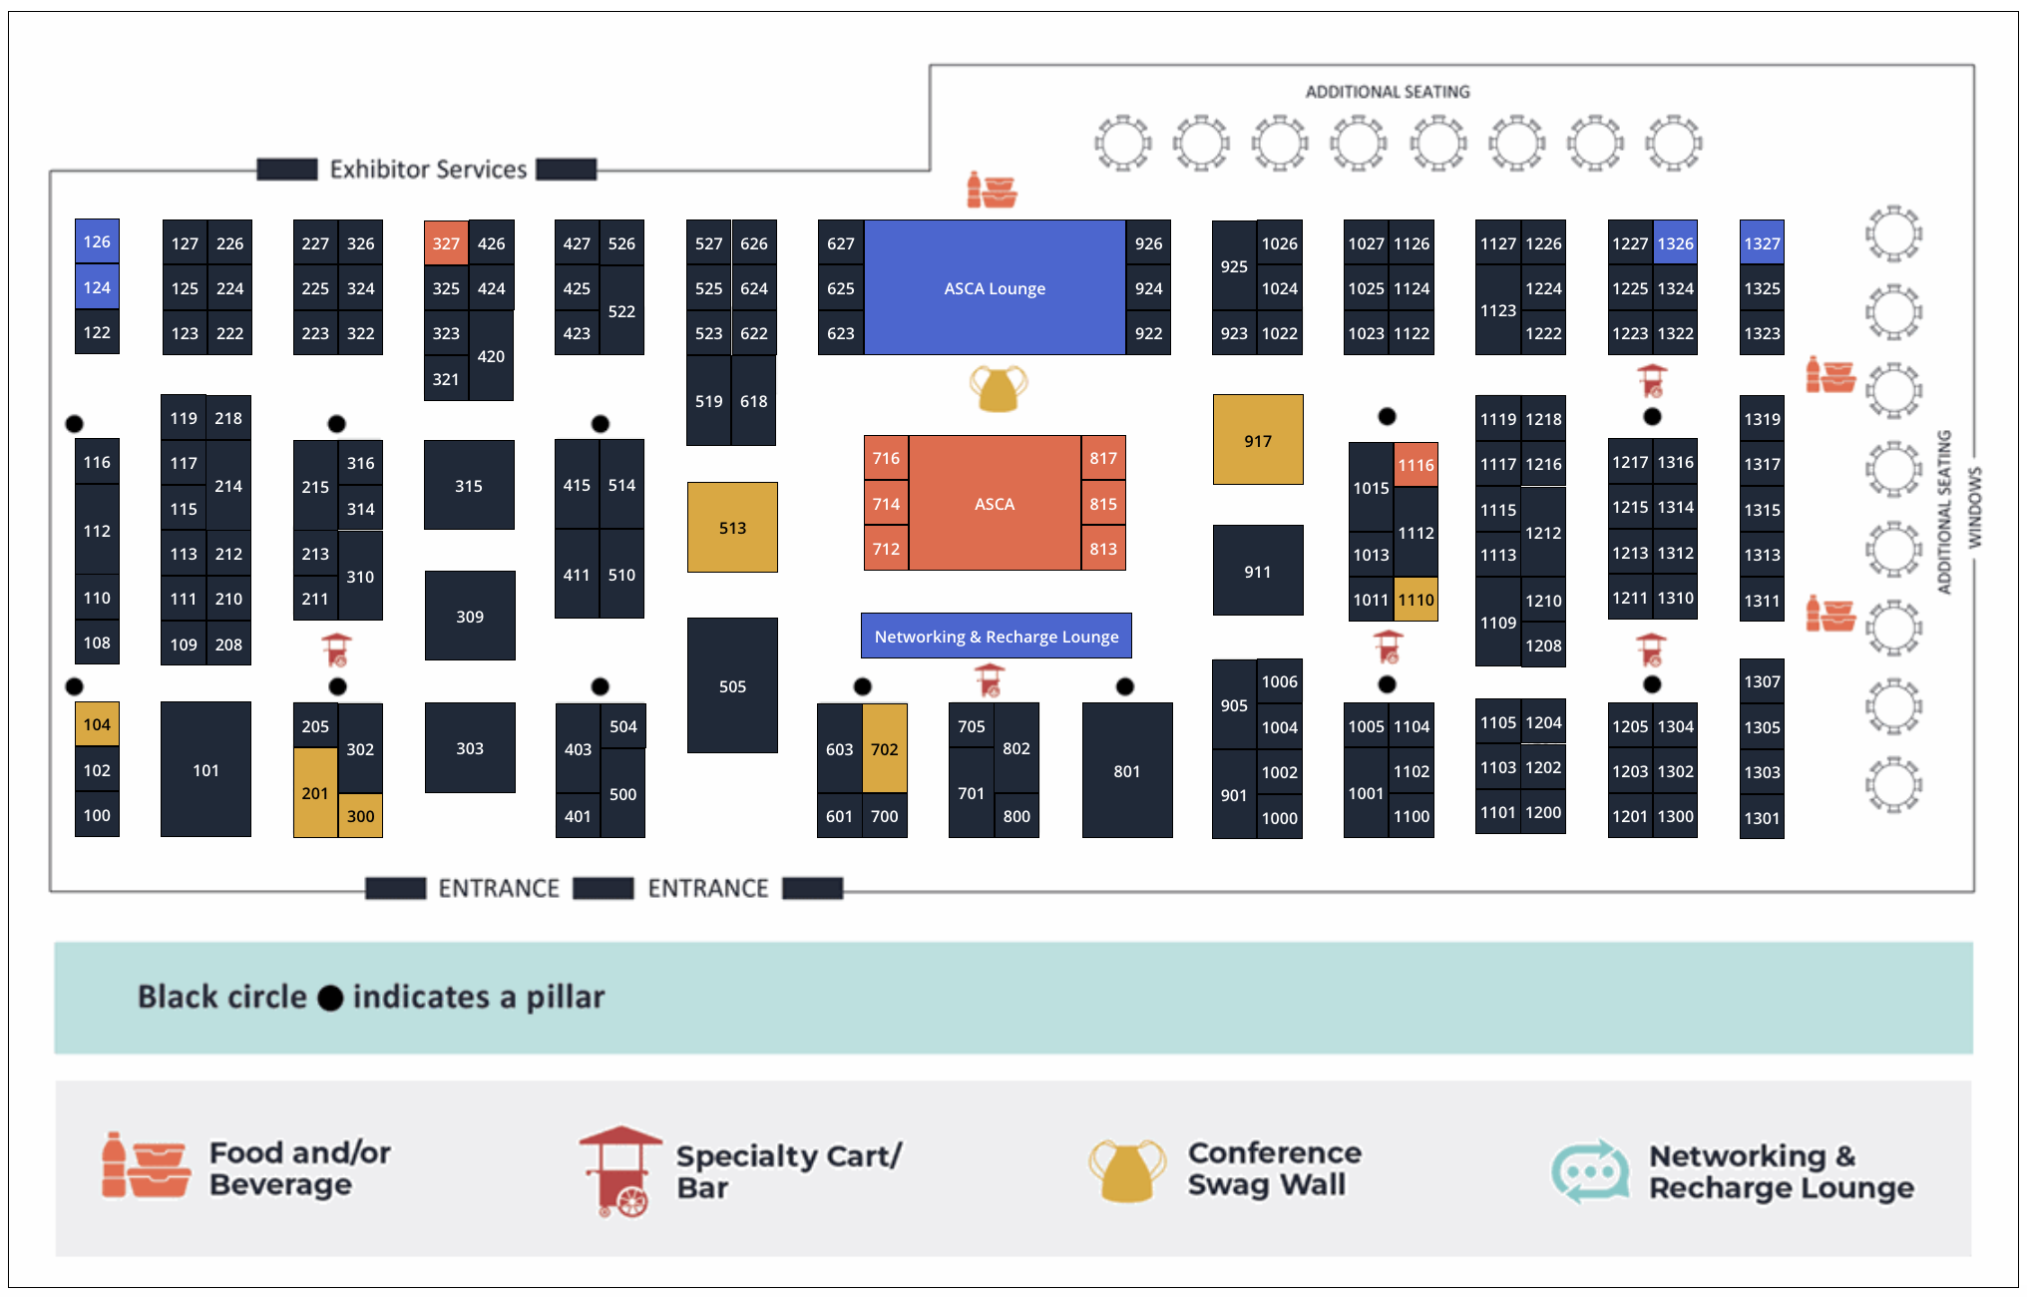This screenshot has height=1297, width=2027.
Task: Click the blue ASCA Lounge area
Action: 995,287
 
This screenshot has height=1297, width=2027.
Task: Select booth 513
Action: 732,527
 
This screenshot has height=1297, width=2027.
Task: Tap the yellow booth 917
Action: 1258,440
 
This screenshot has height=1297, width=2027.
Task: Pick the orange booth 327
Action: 446,242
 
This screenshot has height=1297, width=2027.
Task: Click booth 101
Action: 205,769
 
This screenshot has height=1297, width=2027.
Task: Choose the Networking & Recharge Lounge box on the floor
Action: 996,636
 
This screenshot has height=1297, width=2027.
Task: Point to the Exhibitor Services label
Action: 428,170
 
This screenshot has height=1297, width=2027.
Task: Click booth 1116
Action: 1416,465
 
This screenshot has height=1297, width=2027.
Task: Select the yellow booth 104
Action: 97,724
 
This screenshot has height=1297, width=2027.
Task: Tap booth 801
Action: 1126,770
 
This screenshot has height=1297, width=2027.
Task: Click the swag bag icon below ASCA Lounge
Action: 998,388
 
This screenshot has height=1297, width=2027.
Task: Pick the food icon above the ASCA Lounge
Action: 992,190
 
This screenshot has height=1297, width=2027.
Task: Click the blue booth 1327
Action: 1762,242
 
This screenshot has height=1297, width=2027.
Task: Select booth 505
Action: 732,685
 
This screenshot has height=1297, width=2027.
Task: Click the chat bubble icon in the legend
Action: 1590,1171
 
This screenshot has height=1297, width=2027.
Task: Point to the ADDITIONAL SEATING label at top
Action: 1388,92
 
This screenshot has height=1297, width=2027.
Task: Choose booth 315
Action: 469,485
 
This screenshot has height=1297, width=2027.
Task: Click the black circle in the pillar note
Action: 330,998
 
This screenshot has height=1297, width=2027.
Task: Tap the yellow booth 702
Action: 885,748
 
